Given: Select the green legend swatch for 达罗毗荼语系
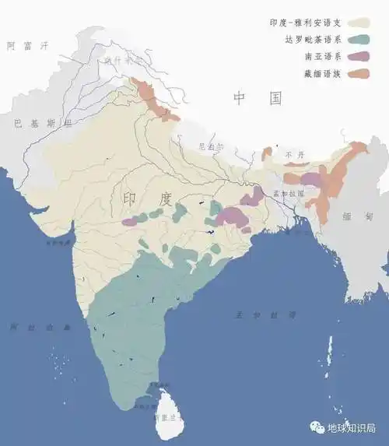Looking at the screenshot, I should click(x=358, y=39).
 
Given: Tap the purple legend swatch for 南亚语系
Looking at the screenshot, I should click(x=358, y=56).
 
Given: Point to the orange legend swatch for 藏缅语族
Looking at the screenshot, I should click(x=358, y=73).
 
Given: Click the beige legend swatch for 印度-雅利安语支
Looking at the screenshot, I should click(x=358, y=22).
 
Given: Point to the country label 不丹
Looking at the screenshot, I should click(x=294, y=155).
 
